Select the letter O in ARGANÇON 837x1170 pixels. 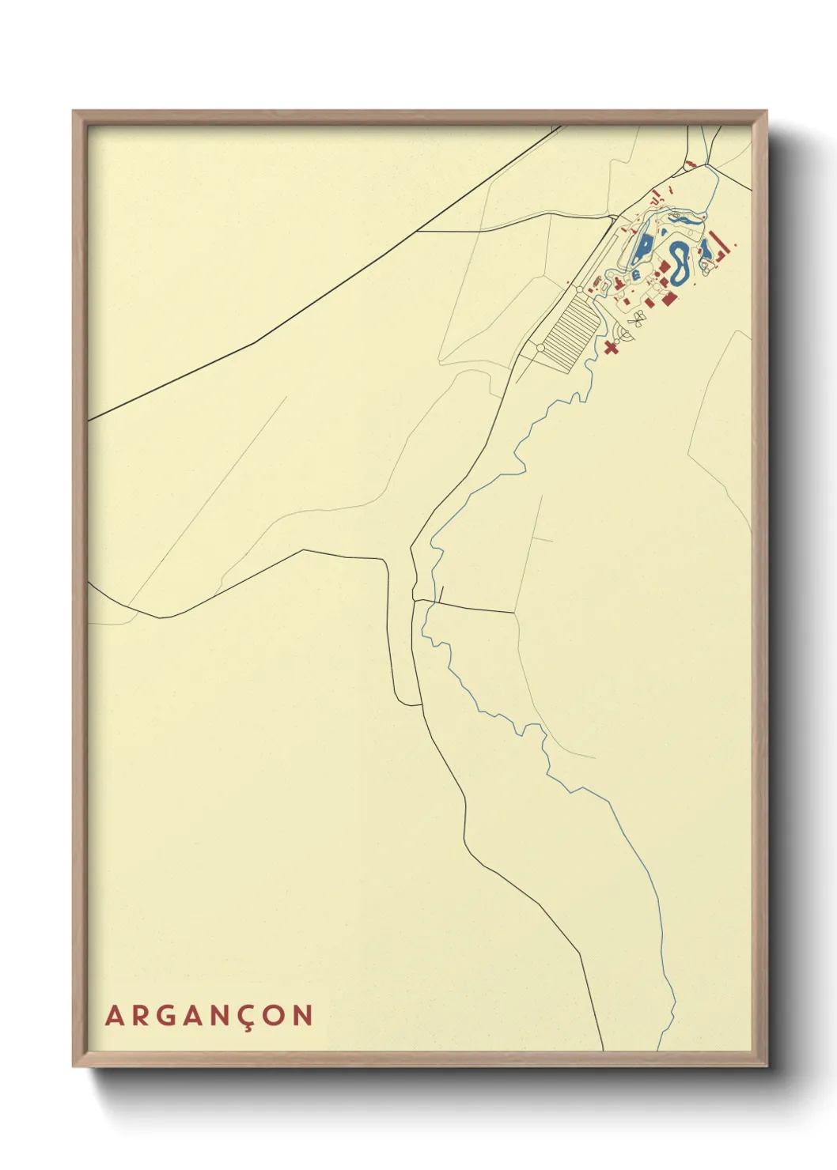[x=274, y=1016]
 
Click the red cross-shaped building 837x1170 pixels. [x=610, y=347]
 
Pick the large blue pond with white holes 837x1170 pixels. [x=642, y=248]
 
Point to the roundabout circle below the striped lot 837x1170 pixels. [x=540, y=348]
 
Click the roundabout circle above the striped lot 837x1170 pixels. [x=580, y=291]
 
